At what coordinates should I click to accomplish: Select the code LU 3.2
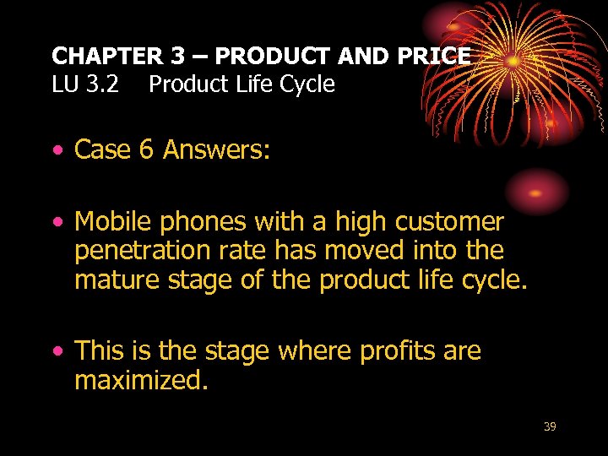click(x=85, y=84)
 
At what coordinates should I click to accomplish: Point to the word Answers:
click(x=217, y=149)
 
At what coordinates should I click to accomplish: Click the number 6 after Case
click(x=146, y=149)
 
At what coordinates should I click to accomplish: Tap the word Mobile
click(x=113, y=222)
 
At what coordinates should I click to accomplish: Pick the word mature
click(x=114, y=280)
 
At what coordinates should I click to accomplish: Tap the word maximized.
click(x=141, y=380)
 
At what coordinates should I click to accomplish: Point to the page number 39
click(x=550, y=426)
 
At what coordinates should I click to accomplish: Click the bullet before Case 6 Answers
click(x=57, y=151)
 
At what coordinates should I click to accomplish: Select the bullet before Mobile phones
click(x=57, y=224)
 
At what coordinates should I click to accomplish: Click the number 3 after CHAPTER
click(x=177, y=57)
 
